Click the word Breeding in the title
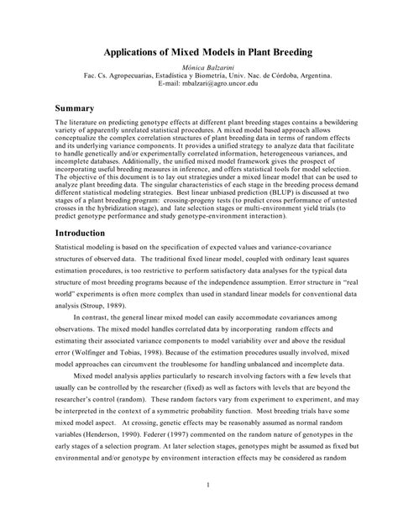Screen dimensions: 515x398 point(286,51)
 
